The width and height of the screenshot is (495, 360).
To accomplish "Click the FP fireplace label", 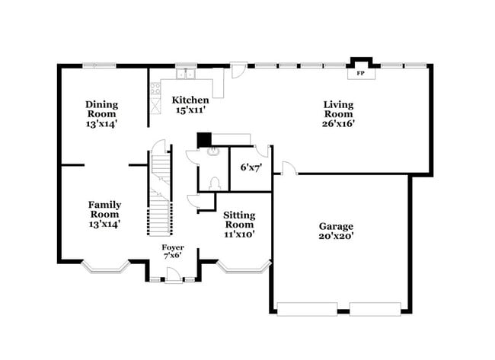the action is point(360,74).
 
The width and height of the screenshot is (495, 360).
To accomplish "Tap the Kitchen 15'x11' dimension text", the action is point(190,110).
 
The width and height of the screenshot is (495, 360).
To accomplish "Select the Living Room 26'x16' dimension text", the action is point(338,123).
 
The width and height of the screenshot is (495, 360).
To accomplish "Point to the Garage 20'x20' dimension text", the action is point(336,236).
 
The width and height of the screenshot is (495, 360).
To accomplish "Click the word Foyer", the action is point(173,247).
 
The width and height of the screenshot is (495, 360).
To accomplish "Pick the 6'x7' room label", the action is point(251,167).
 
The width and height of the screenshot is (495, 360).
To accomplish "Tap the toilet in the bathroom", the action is point(215,183).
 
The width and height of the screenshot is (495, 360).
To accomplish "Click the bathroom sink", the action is point(213,151).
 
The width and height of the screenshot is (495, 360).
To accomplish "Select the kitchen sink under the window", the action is point(186,74).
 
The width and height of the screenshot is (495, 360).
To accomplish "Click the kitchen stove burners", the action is point(155,88).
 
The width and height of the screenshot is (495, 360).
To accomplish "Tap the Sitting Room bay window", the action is point(244,267).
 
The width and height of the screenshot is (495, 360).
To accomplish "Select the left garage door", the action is point(307,309).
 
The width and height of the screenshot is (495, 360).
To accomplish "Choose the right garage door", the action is point(375,309).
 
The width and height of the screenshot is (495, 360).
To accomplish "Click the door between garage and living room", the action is point(289,168).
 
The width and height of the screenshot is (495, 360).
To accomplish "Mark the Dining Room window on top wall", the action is point(99,65).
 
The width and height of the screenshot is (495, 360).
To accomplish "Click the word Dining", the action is point(101,105).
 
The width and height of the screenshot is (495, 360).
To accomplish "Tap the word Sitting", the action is point(239,216).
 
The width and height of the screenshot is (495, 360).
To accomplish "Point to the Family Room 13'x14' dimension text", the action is point(104,224).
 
